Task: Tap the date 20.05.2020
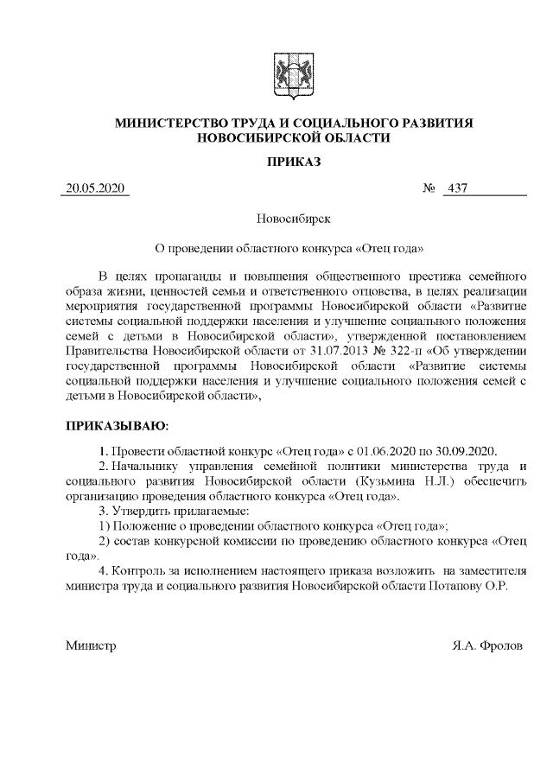pyautogui.click(x=95, y=189)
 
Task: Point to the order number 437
pyautogui.click(x=454, y=189)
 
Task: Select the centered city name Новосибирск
pyautogui.click(x=294, y=220)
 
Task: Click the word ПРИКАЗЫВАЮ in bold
pyautogui.click(x=117, y=426)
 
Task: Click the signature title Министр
pyautogui.click(x=91, y=646)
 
